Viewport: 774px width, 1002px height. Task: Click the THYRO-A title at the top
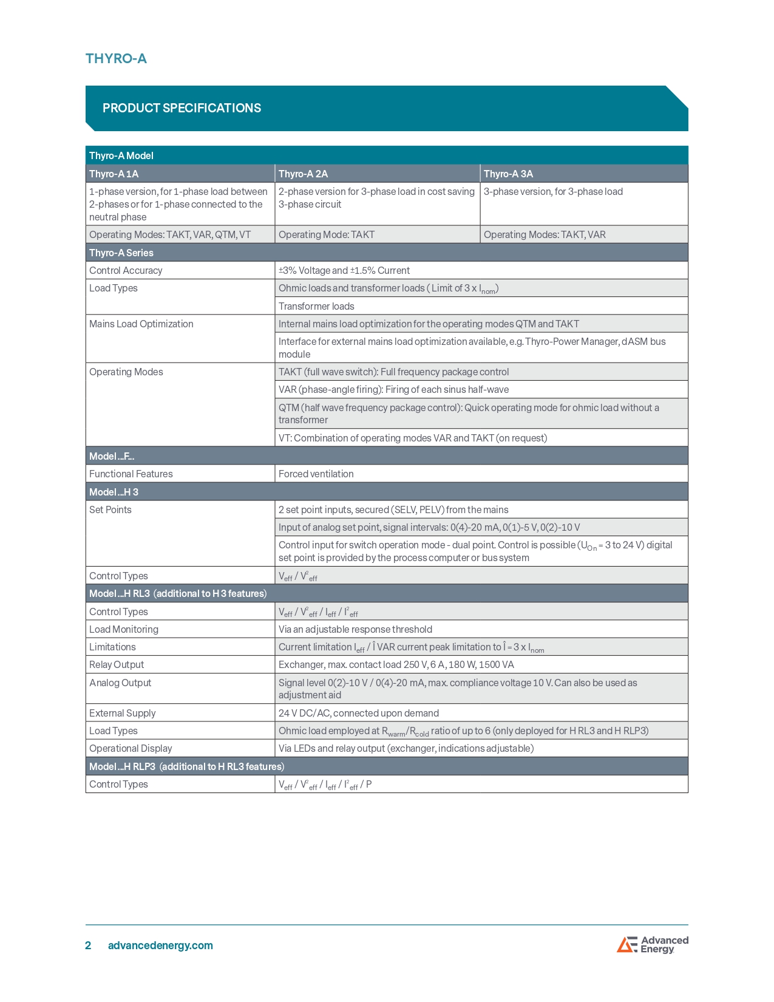pos(116,58)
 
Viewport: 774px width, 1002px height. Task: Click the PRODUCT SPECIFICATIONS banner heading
pos(182,108)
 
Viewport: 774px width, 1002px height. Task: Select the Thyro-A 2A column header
pos(303,174)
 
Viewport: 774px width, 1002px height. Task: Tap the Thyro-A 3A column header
pos(508,174)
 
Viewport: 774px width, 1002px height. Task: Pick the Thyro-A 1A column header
pos(114,174)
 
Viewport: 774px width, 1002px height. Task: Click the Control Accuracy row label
pos(126,270)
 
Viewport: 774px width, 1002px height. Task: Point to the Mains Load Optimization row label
pos(141,324)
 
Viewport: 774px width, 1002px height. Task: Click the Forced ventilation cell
pos(316,474)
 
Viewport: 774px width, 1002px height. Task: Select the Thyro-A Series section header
pos(121,253)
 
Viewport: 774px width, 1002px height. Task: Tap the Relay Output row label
pos(117,664)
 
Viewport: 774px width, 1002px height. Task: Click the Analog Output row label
pos(120,683)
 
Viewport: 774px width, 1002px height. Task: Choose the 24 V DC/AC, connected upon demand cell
pos(358,713)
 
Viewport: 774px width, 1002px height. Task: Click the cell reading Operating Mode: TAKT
pos(327,234)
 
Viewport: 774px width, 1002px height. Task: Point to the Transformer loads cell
pos(316,306)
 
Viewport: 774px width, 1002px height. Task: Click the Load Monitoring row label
pos(124,629)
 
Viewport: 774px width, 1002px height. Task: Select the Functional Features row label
pos(131,474)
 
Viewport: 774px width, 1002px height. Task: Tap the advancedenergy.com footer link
pos(160,945)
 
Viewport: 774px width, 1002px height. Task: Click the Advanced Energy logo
pos(653,944)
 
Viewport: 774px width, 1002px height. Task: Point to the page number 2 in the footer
pos(88,945)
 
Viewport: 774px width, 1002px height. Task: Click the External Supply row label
pos(123,713)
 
